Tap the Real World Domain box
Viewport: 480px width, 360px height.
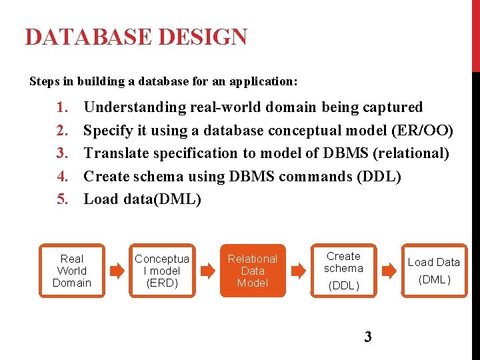pyautogui.click(x=71, y=271)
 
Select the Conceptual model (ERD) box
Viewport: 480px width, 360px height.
pyautogui.click(x=162, y=271)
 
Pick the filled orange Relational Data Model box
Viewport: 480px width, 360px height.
pyautogui.click(x=253, y=271)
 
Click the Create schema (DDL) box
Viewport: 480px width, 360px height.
pyautogui.click(x=343, y=271)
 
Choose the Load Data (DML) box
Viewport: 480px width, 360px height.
pyautogui.click(x=434, y=271)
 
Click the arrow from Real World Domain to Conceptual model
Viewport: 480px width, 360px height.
pyautogui.click(x=117, y=271)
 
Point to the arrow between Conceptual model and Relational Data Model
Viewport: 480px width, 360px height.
pyautogui.click(x=208, y=271)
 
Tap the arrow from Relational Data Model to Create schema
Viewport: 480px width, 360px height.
pyautogui.click(x=298, y=271)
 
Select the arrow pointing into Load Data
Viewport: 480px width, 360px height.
pyautogui.click(x=388, y=271)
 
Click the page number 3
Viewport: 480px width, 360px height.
pyautogui.click(x=368, y=337)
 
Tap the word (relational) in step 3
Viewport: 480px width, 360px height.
pyautogui.click(x=411, y=153)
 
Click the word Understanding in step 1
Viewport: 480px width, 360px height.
pyautogui.click(x=135, y=107)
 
